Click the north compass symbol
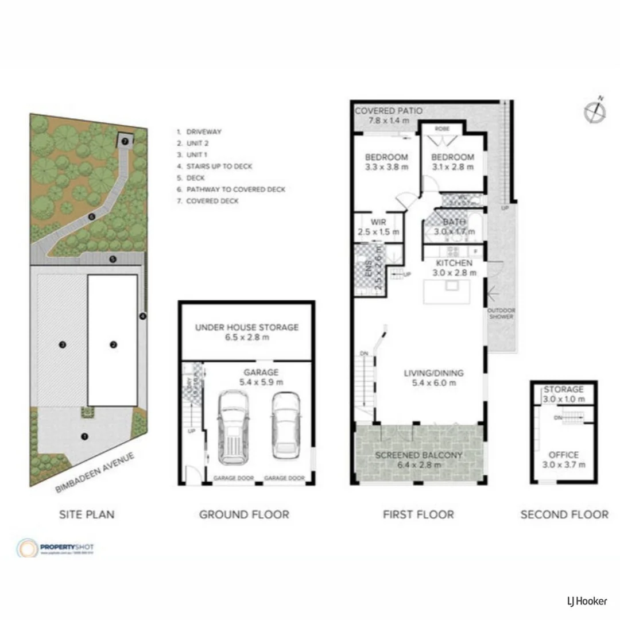point(595,111)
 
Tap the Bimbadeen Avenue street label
point(95,472)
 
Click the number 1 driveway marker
point(85,436)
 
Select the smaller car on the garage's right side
point(285,425)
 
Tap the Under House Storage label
point(246,327)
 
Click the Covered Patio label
point(389,111)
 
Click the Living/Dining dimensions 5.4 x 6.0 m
point(433,383)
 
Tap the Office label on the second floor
point(563,455)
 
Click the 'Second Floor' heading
point(564,514)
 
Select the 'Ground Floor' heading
point(244,514)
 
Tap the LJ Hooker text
point(583,601)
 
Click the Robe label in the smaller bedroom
point(442,129)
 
